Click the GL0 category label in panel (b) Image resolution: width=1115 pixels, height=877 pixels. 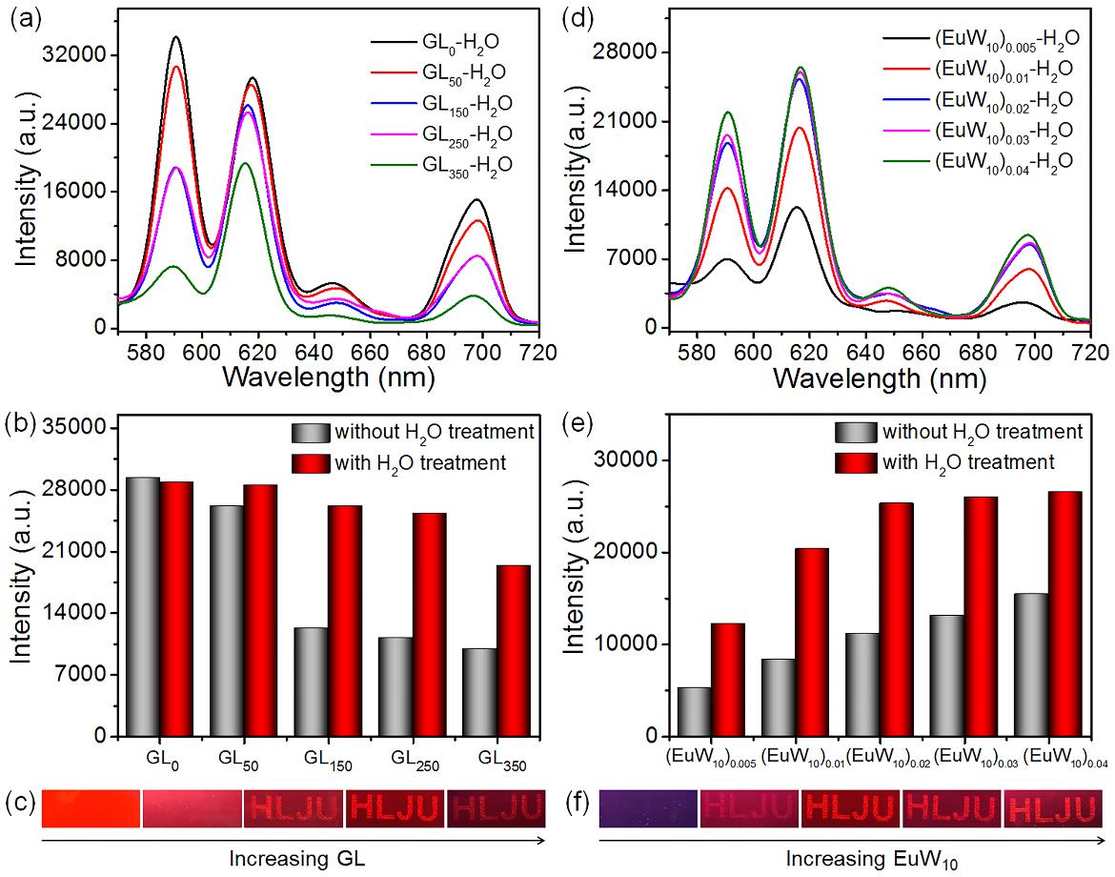pos(158,760)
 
